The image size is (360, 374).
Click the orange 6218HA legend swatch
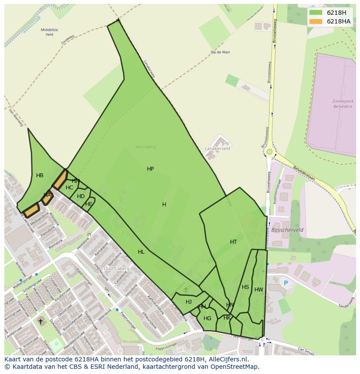tap(316, 21)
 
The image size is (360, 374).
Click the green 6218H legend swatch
tap(316, 12)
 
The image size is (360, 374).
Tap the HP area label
tap(150, 169)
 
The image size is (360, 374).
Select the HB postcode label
tap(40, 175)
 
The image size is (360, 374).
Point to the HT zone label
tap(233, 242)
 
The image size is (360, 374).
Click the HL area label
tap(141, 252)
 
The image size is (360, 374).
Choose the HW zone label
tap(259, 290)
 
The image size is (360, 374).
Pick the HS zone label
tap(245, 287)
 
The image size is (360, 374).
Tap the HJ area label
tap(189, 302)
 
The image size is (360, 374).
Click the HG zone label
tap(207, 318)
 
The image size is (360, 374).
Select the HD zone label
tap(81, 196)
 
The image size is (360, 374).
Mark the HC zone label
tap(70, 188)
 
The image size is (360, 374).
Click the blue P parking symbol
tap(286, 283)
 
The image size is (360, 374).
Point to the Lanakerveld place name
tap(217, 148)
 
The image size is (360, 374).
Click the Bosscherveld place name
tap(287, 230)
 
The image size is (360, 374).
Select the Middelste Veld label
tap(49, 32)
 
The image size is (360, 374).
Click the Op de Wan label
tap(220, 52)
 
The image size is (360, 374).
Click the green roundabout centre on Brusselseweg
tap(270, 152)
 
